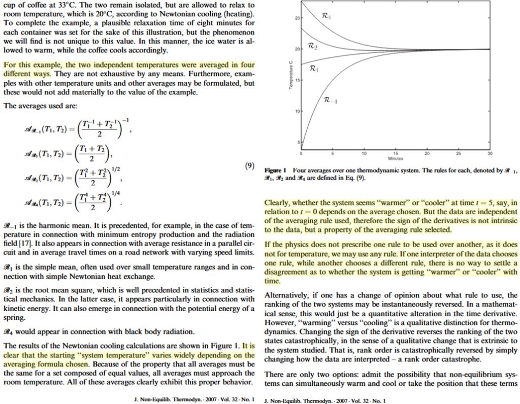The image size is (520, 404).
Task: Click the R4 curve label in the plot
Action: pos(327,17)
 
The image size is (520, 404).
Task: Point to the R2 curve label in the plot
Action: pos(313,47)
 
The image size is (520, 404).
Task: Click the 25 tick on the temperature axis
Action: pos(298,18)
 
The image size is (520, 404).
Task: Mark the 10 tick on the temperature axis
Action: pos(298,111)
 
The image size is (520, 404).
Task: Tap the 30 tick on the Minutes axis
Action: pos(490,153)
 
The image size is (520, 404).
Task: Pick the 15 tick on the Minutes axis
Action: pos(395,153)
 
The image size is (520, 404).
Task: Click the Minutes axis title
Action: pos(396,158)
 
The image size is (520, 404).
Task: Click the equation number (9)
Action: pos(248,166)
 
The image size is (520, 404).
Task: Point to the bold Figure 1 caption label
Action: pos(276,170)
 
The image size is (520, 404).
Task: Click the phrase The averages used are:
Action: pos(40,106)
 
